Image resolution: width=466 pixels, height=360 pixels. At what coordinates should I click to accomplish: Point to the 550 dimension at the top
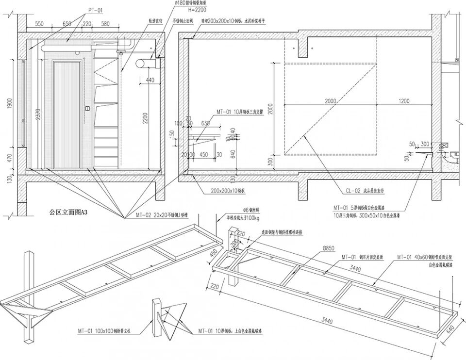40,23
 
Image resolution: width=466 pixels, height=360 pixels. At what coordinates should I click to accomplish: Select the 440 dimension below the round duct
150,80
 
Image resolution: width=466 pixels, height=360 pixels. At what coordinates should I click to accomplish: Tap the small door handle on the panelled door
87,108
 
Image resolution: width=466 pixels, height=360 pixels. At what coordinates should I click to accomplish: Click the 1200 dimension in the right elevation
403,101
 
